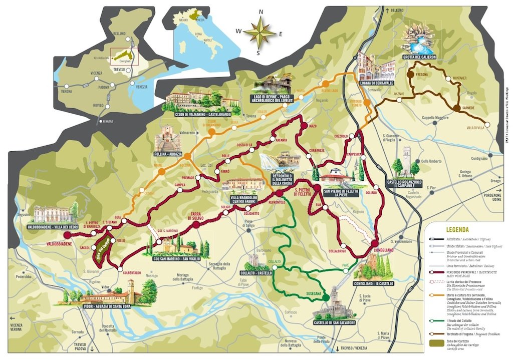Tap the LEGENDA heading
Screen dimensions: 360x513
point(457,230)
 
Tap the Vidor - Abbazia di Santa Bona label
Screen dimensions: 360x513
point(106,303)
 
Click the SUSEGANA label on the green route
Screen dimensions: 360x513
point(314,291)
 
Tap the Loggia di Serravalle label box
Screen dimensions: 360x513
point(376,83)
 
